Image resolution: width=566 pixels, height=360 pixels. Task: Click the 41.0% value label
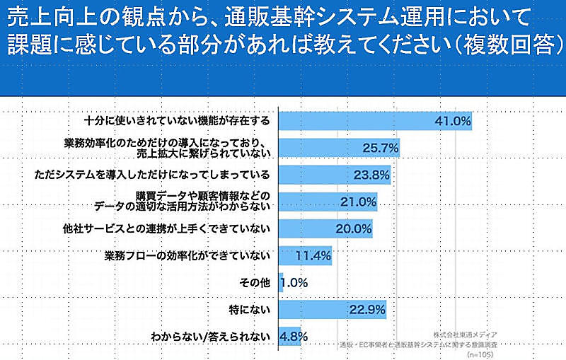point(453,121)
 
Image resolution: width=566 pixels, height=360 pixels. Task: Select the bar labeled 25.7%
point(340,148)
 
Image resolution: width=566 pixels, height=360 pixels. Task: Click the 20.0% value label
point(353,228)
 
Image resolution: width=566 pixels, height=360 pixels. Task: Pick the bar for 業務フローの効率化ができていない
point(305,255)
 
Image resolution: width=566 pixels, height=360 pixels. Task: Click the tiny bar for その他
point(281,282)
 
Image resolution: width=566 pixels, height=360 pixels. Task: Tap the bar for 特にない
point(332,309)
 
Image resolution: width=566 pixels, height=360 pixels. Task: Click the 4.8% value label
point(294,336)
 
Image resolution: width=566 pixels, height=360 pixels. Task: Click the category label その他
point(255,282)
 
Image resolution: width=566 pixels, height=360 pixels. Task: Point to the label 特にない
point(250,309)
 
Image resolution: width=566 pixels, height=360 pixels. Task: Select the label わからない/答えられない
point(211,336)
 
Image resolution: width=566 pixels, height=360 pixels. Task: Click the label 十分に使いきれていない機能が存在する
point(177,121)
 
